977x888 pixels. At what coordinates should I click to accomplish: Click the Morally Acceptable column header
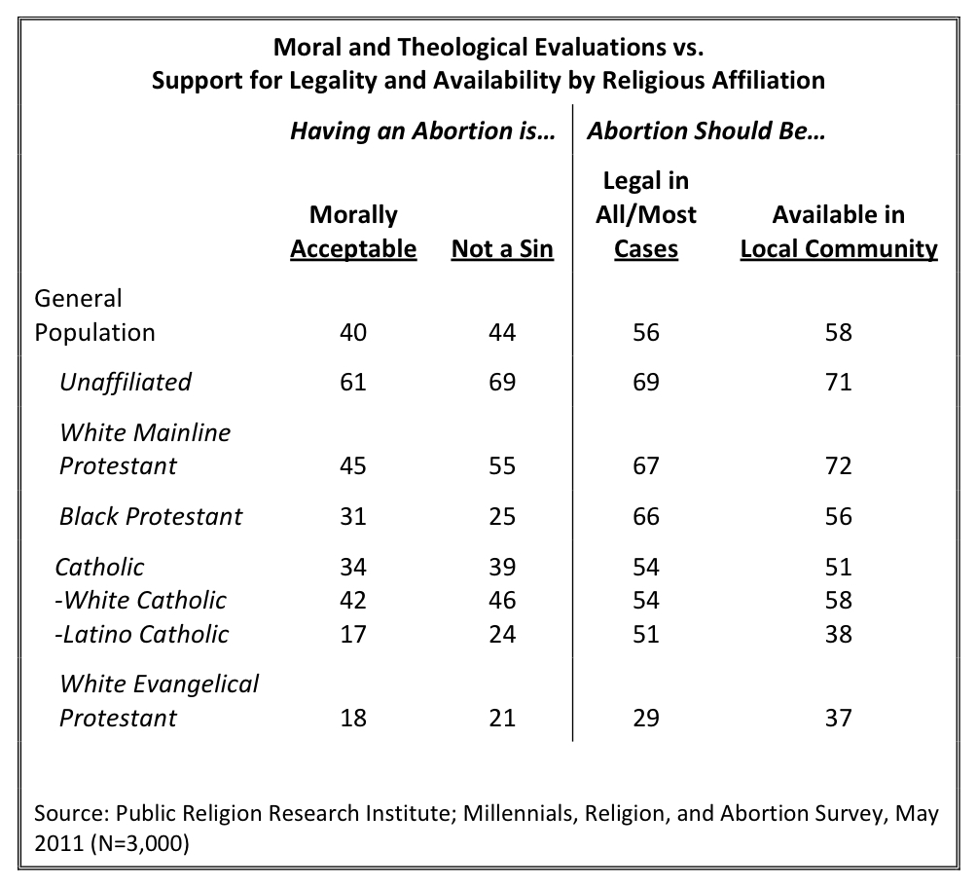click(353, 232)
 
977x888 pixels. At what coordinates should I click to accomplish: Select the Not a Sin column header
click(502, 248)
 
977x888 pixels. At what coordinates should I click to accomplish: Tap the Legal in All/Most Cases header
click(646, 214)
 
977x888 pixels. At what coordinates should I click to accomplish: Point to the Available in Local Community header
click(839, 232)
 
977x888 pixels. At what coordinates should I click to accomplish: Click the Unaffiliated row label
click(126, 382)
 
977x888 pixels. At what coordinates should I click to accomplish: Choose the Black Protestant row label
click(151, 516)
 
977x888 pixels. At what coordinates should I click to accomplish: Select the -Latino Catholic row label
click(141, 634)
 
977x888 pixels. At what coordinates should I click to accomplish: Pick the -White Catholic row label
click(140, 600)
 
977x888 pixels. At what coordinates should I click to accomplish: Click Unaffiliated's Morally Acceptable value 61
click(352, 382)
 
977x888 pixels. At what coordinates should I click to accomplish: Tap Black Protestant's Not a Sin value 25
click(502, 516)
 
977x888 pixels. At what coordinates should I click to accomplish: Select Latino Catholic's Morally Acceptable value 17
click(352, 634)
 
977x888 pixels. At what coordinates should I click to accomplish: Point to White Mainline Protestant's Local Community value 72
click(838, 465)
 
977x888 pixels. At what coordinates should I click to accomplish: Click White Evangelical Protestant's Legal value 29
click(646, 718)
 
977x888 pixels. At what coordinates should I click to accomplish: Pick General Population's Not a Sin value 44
click(502, 332)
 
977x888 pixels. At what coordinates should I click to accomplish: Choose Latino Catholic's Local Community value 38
click(838, 634)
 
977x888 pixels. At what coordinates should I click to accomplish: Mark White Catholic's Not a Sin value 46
click(502, 600)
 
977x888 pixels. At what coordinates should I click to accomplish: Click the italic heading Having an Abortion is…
click(422, 130)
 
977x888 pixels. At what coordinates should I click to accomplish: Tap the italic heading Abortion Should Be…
click(706, 130)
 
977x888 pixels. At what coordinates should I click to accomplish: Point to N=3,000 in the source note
click(139, 843)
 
